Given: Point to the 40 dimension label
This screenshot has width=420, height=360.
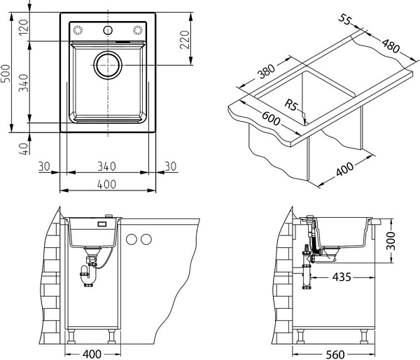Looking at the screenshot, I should (24, 148).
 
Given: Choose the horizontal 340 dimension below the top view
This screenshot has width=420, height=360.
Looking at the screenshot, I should (106, 166).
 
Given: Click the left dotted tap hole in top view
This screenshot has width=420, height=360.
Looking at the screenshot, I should (78, 30).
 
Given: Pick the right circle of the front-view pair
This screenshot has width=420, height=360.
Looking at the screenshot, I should (146, 239).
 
